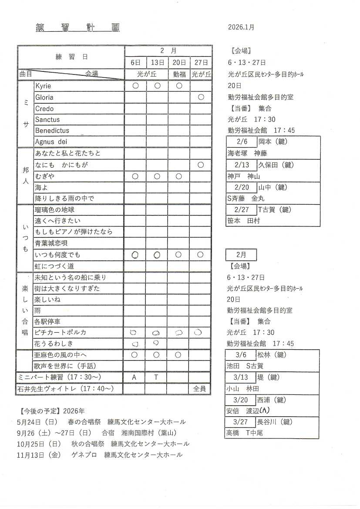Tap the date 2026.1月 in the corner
241,27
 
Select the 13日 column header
157,63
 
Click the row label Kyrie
43,86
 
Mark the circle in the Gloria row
201,97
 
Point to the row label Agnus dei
51,142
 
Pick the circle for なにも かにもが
201,165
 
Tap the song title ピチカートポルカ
60,333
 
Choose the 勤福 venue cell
179,74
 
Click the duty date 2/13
242,165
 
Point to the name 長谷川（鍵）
281,422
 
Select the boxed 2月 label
241,255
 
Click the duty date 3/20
241,400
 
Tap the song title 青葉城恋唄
51,243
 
